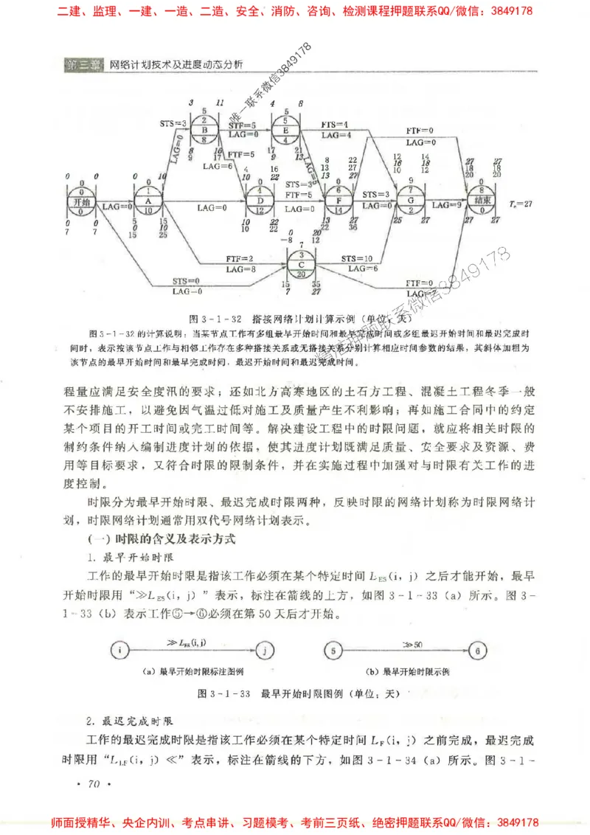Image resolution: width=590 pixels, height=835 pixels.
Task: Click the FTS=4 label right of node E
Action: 336,125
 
